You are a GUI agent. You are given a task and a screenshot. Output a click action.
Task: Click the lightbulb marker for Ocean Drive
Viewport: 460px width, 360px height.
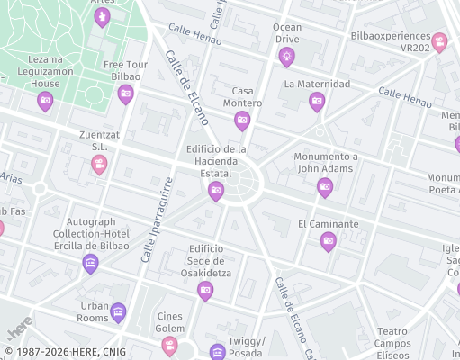coord(286,58)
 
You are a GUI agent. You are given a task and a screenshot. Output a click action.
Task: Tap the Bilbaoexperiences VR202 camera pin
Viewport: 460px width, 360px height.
coord(439,41)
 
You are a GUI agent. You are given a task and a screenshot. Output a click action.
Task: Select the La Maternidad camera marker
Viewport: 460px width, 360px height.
coord(317,102)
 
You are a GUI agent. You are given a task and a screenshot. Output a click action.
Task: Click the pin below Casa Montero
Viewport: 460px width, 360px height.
coord(241,121)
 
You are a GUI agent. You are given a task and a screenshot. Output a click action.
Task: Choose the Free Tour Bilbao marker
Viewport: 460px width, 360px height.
coord(125,94)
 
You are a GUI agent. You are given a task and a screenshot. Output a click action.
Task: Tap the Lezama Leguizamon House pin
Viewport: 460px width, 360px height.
coord(45,102)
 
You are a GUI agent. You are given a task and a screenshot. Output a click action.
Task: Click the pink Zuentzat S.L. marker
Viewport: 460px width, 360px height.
coord(99,165)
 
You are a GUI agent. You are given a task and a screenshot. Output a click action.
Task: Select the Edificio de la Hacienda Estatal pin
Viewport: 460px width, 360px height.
coord(216,190)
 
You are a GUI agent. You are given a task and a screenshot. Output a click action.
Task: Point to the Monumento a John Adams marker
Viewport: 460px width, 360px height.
coord(325,187)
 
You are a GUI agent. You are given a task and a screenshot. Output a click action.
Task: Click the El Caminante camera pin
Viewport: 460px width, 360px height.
coord(329,240)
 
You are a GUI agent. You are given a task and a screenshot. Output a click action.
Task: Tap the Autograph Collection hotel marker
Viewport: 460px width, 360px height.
coord(90,263)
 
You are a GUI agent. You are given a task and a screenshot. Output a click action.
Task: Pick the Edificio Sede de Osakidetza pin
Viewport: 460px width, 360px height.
coord(205,289)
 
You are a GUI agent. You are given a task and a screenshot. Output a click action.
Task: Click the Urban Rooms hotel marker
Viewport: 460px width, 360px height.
coord(118,313)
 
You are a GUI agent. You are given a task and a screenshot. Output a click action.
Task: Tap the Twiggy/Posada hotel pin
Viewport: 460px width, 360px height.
coord(217,352)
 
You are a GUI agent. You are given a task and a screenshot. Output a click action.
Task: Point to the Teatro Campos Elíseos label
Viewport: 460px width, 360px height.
coord(392,343)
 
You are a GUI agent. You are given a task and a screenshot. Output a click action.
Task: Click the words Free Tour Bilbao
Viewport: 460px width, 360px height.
coord(125,70)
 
